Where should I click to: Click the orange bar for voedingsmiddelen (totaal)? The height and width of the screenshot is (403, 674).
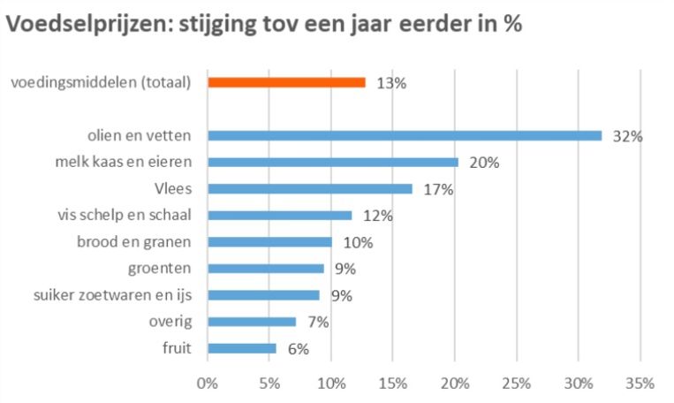coord(286,82)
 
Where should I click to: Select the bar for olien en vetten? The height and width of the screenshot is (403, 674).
coord(405,135)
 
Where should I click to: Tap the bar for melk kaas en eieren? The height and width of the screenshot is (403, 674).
coord(333,162)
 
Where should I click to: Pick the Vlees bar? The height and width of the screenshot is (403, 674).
coord(309,188)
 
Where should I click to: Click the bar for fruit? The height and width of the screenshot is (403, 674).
coord(242,348)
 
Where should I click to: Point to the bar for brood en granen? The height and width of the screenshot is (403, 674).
coord(269,241)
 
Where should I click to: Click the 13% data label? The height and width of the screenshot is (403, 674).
coord(390,83)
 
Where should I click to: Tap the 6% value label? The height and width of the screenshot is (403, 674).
coord(298,349)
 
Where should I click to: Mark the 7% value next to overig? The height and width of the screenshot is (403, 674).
coord(318,323)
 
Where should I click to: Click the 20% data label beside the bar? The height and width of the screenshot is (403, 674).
coord(485,163)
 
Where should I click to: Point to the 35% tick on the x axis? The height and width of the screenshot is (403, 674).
coord(640,384)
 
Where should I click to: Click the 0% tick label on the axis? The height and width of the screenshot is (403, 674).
coord(208,384)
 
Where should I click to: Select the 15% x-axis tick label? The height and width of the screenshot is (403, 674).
coord(392,384)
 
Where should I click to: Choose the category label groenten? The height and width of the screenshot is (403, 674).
coord(163,268)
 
